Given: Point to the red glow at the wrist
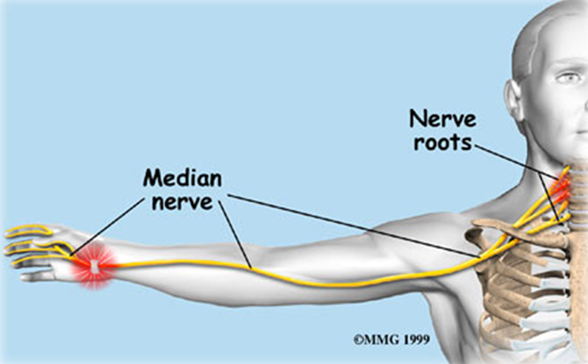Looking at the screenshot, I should tap(92, 263).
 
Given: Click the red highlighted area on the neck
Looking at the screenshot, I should tap(561, 185).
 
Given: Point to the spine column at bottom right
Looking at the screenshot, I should tap(562, 325).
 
